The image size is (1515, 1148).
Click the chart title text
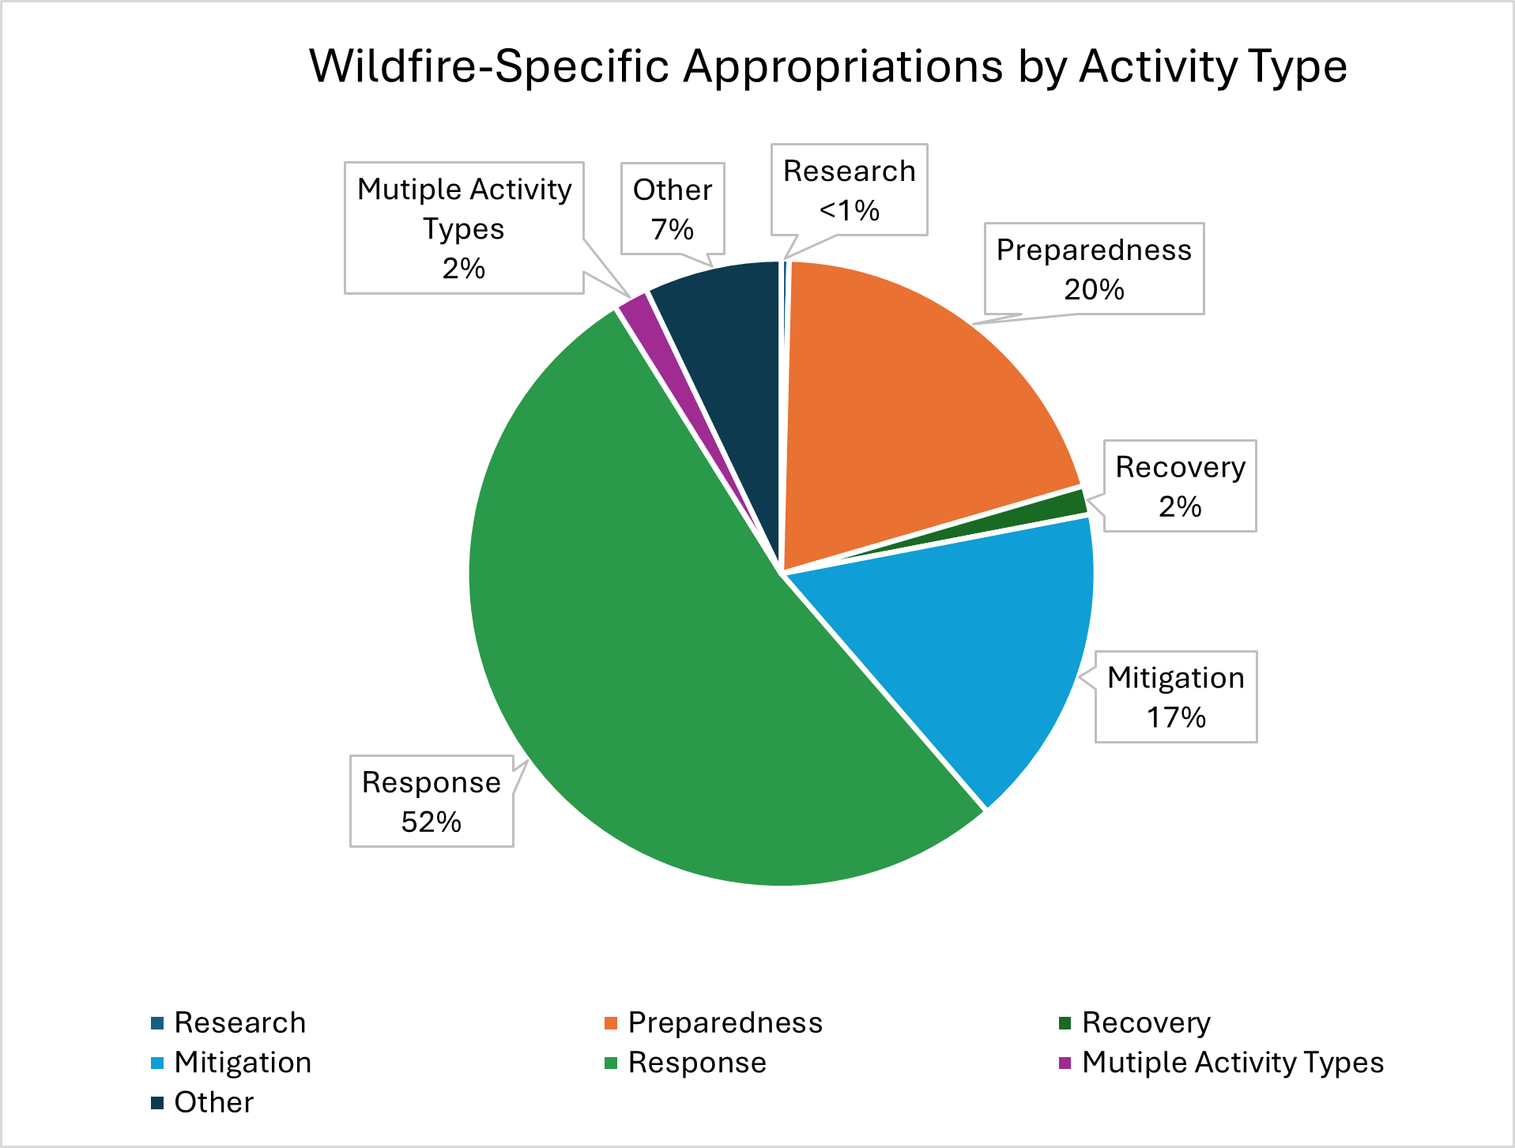[827, 66]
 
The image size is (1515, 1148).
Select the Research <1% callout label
[849, 190]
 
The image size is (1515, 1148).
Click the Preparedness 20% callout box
[1094, 269]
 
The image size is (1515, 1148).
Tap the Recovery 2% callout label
[1179, 486]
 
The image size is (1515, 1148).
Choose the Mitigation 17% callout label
[1175, 697]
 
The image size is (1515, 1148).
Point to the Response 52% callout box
[432, 801]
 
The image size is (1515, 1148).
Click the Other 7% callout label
[672, 209]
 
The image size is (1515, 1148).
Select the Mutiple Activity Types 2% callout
[464, 228]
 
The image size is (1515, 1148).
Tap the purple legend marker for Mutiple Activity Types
[1065, 1063]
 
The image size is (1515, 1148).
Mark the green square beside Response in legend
[611, 1063]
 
